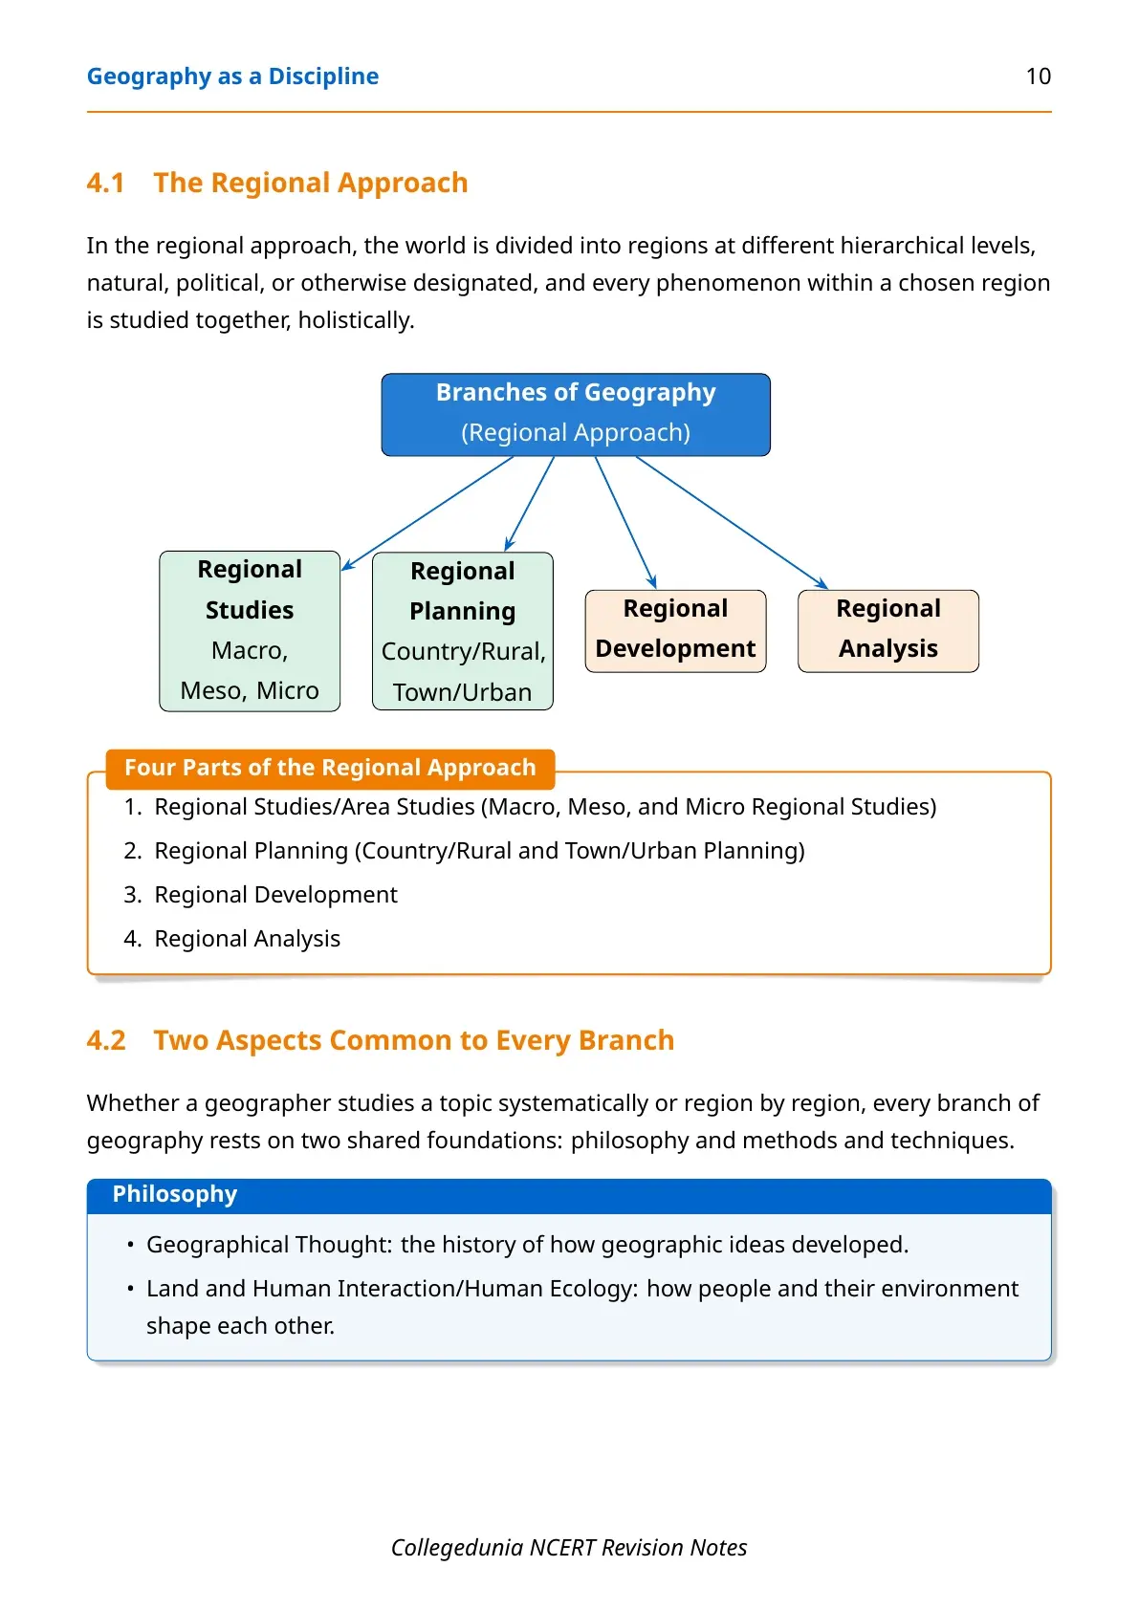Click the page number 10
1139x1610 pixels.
click(1038, 76)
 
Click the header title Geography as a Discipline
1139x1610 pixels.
click(232, 76)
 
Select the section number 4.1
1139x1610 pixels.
click(106, 183)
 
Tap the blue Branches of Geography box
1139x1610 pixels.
click(576, 414)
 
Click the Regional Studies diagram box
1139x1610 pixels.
click(250, 630)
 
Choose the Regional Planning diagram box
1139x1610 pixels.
click(462, 630)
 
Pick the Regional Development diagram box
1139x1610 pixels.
click(675, 630)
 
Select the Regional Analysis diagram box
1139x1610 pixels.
click(888, 630)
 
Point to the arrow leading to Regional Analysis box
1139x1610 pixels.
click(732, 523)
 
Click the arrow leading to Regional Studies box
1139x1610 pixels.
click(427, 513)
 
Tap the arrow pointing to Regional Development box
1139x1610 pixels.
click(625, 523)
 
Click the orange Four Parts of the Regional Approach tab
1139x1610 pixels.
click(330, 768)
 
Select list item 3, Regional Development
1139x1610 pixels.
click(275, 895)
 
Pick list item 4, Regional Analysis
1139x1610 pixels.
click(247, 939)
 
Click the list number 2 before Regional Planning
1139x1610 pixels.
click(132, 851)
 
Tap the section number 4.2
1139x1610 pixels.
click(106, 1040)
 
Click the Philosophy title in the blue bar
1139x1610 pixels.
click(175, 1194)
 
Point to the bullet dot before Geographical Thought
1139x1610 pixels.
click(130, 1245)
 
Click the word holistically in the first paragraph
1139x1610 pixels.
click(356, 320)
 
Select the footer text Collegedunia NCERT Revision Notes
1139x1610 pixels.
click(569, 1547)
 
